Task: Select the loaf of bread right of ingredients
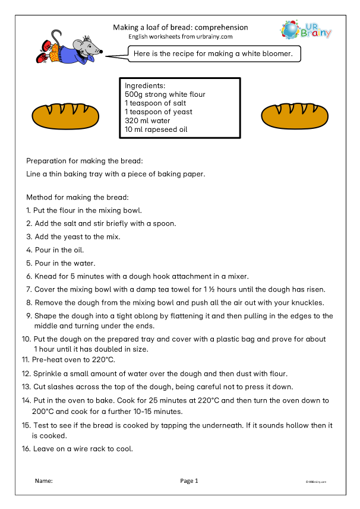pos(288,116)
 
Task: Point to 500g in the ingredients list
pos(133,94)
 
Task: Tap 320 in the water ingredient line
pos(132,121)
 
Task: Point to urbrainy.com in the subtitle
pos(215,37)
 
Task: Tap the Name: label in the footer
pos(44,480)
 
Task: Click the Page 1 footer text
pos(189,480)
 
